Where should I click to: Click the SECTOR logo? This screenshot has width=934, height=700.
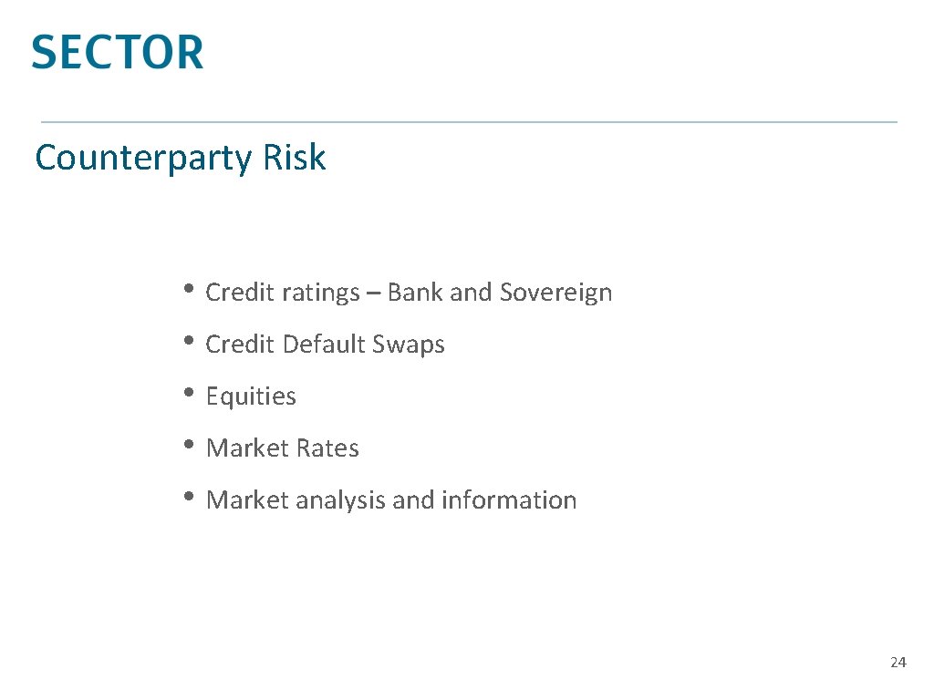pyautogui.click(x=117, y=52)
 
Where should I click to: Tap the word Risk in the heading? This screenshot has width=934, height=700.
pyautogui.click(x=294, y=158)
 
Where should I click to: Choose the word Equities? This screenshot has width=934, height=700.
pyautogui.click(x=251, y=396)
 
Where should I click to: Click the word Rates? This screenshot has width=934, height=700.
pyautogui.click(x=327, y=448)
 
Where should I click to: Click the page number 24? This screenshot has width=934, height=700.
pyautogui.click(x=898, y=663)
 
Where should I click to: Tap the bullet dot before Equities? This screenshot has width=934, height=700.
pyautogui.click(x=188, y=393)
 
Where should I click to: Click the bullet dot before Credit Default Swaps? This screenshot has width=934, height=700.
pyautogui.click(x=188, y=341)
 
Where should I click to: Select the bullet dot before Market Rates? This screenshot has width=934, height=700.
pyautogui.click(x=188, y=445)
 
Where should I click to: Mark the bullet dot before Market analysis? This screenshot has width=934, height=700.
pyautogui.click(x=188, y=497)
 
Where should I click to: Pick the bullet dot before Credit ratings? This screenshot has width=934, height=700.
pyautogui.click(x=188, y=289)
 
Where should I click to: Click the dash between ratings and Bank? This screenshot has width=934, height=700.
pyautogui.click(x=374, y=293)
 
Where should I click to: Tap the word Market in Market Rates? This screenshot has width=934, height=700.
pyautogui.click(x=246, y=448)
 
